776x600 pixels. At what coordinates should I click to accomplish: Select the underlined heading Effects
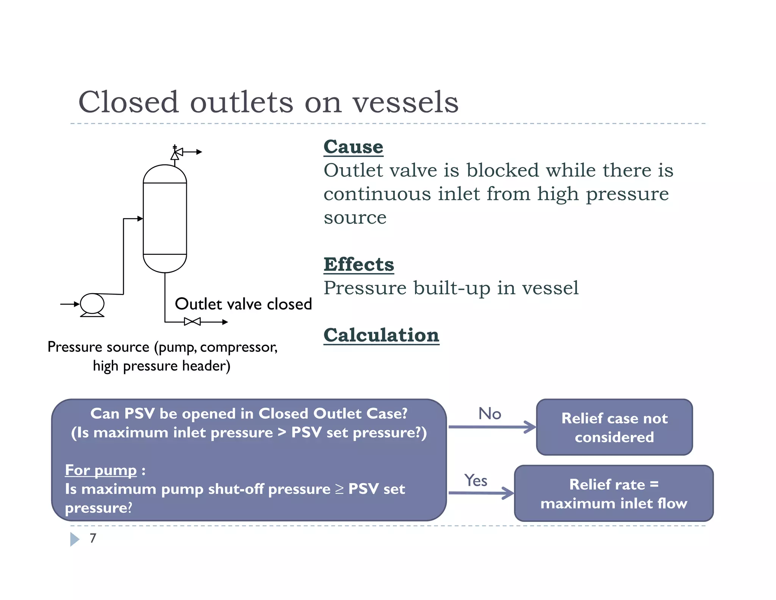tap(358, 264)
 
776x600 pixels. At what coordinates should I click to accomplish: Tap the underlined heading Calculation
tap(381, 335)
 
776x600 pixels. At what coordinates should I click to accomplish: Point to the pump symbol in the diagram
tap(92, 304)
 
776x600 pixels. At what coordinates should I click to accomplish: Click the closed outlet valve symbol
tap(192, 322)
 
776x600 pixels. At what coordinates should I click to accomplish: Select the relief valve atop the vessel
tap(176, 153)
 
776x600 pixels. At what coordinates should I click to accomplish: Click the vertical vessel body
tap(165, 218)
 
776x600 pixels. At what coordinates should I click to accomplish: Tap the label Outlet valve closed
tap(243, 304)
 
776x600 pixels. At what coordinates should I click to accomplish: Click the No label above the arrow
tap(490, 413)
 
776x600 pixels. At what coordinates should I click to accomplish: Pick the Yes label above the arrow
tap(476, 481)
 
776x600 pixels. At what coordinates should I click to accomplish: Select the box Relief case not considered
tap(614, 427)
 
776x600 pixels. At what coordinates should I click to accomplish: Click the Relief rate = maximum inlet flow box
tap(614, 494)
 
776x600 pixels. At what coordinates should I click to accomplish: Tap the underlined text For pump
tap(101, 470)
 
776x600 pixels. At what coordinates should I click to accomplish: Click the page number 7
tap(93, 538)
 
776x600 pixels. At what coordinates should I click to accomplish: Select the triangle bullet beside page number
tap(75, 539)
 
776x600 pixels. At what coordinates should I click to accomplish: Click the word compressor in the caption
tap(238, 347)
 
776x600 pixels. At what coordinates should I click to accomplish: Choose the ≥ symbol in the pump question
tap(339, 489)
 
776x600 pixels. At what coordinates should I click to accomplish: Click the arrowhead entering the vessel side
tap(140, 218)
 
